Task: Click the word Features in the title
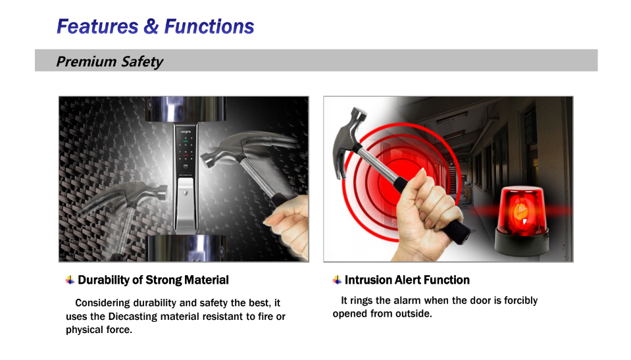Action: coord(97,26)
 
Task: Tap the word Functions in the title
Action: coord(209,26)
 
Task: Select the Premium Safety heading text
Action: coord(109,62)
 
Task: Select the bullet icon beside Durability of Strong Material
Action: coord(70,280)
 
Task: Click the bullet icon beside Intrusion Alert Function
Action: coord(338,280)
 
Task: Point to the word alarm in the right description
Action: coord(407,300)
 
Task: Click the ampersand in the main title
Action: coord(151,26)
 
